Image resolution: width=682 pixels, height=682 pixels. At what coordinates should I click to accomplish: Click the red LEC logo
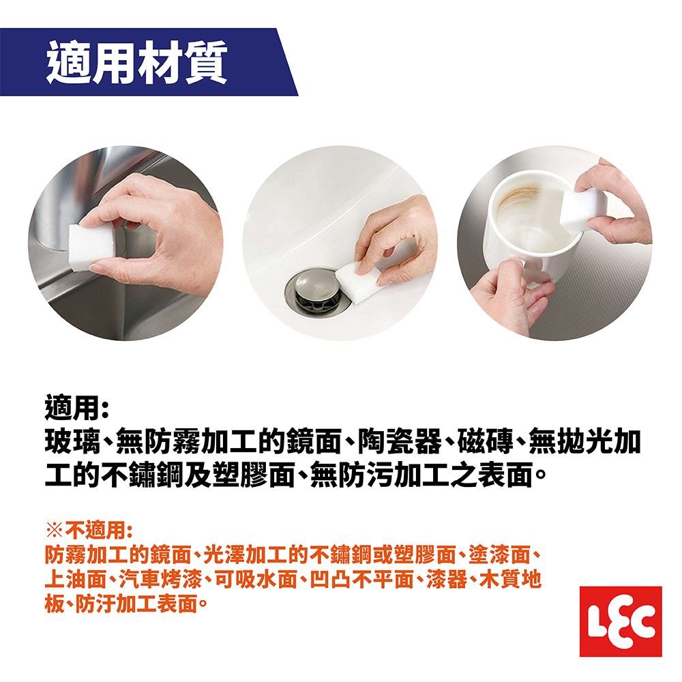621,621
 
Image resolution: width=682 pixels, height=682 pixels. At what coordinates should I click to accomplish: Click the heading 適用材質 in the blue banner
136,63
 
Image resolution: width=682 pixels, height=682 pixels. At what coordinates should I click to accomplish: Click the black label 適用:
76,408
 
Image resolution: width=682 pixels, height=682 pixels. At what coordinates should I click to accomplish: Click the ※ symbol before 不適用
55,530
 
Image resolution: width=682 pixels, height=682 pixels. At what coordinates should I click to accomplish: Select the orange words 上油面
76,579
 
